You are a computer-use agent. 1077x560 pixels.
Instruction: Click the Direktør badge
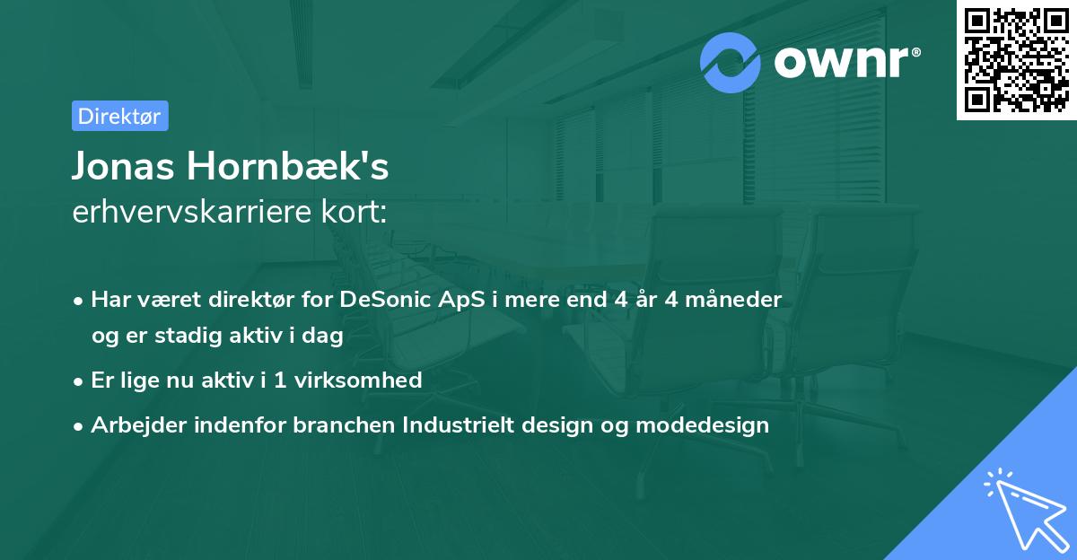point(119,116)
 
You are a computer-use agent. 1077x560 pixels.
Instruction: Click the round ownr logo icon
point(731,62)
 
